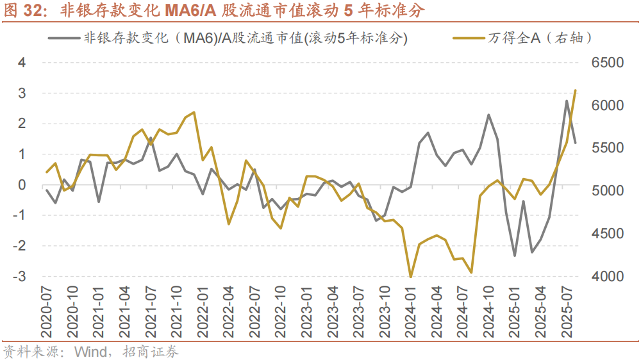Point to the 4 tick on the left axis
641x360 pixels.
pos(22,63)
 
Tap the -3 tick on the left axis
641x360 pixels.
pos(20,277)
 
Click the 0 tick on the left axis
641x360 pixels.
pos(22,185)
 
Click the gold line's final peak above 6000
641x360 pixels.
pos(575,90)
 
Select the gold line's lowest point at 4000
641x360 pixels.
pos(410,277)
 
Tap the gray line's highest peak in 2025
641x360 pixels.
pos(567,101)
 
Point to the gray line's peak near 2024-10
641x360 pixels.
pos(488,115)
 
